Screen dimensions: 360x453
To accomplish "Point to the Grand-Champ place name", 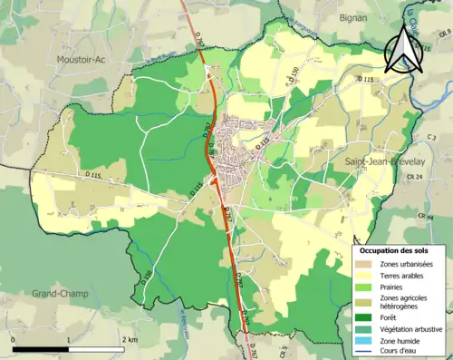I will tap(60, 294).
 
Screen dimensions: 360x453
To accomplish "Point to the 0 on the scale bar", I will tap(14, 339).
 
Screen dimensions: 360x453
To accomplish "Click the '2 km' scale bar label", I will tap(130, 339).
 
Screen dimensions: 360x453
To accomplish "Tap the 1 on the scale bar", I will tap(69, 339).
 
